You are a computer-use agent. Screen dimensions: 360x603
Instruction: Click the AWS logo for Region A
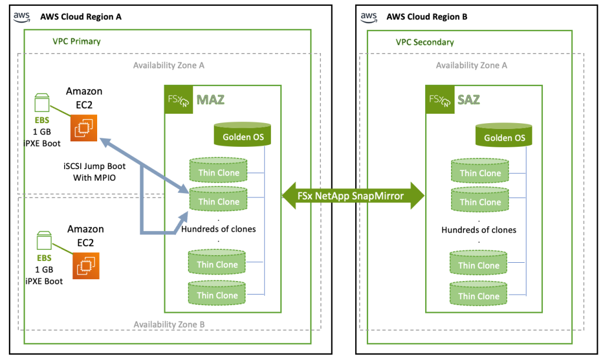pyautogui.click(x=22, y=16)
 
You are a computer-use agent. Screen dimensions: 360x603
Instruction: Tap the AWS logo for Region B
pyautogui.click(x=369, y=16)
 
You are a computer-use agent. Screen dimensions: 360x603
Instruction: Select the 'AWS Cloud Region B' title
pyautogui.click(x=427, y=16)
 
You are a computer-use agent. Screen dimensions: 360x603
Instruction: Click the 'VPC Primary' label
pyautogui.click(x=77, y=41)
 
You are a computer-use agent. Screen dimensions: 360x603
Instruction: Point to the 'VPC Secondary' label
pyautogui.click(x=425, y=42)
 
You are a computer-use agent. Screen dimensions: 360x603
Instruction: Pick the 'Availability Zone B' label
pyautogui.click(x=169, y=325)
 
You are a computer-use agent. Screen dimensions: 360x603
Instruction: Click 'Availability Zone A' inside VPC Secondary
pyautogui.click(x=471, y=65)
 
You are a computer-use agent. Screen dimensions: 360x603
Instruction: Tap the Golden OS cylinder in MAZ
pyautogui.click(x=243, y=135)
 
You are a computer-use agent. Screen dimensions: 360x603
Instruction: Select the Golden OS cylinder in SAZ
pyautogui.click(x=504, y=136)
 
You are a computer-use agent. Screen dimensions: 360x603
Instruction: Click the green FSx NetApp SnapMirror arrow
pyautogui.click(x=353, y=196)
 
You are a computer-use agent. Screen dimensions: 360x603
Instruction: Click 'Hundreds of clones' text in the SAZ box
pyautogui.click(x=479, y=230)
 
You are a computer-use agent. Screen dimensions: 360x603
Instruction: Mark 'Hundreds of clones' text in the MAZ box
pyautogui.click(x=218, y=229)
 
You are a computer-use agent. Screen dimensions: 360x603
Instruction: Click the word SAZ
pyautogui.click(x=469, y=100)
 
